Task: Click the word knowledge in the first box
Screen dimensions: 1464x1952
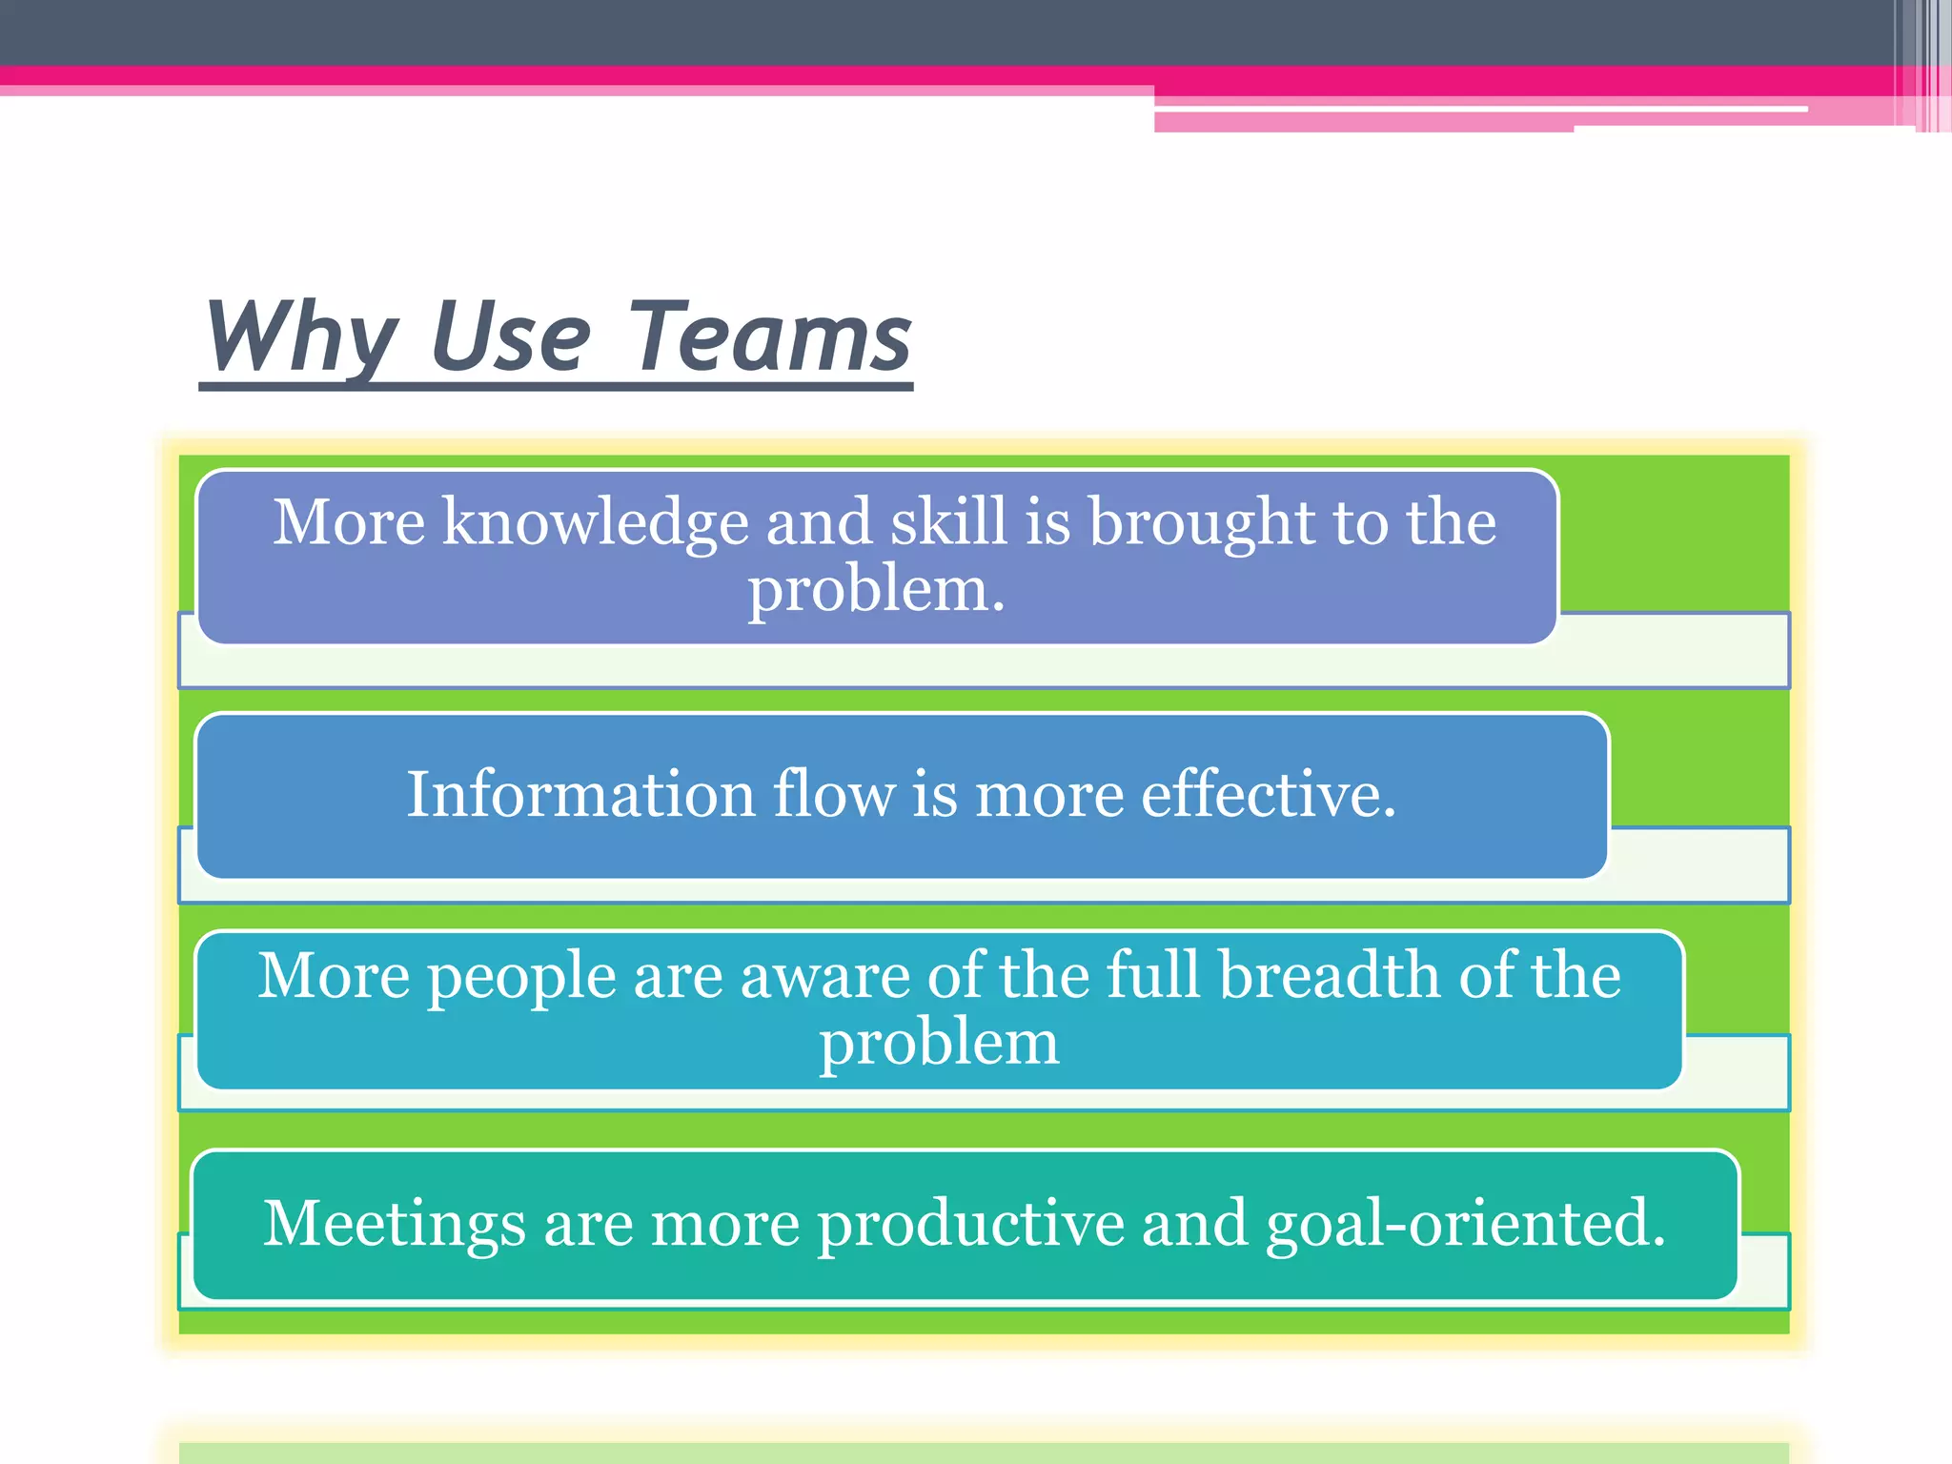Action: pyautogui.click(x=595, y=523)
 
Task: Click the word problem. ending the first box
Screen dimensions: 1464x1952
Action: pyautogui.click(x=876, y=589)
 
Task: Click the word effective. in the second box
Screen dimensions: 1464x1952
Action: pyautogui.click(x=1269, y=794)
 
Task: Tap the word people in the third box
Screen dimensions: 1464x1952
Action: pyautogui.click(x=520, y=977)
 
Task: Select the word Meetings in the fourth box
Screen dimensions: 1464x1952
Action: pyautogui.click(x=394, y=1224)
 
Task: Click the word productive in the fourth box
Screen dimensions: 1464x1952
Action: pyautogui.click(x=970, y=1224)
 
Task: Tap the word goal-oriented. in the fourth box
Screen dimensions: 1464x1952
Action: pyautogui.click(x=1465, y=1224)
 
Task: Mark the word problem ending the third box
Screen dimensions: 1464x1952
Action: pyautogui.click(x=939, y=1043)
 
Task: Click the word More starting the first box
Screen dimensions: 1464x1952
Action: pyautogui.click(x=349, y=522)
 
